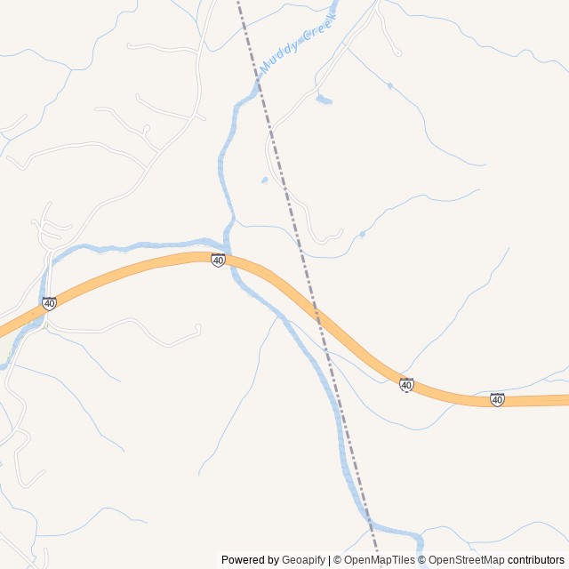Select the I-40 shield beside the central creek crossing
coord(218,260)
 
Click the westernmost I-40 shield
coord(49,303)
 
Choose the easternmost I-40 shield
coord(497,400)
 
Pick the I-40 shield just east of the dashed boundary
coord(406,384)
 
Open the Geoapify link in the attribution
coord(303,560)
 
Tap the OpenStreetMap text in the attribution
coord(467,560)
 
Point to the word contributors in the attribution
coord(536,560)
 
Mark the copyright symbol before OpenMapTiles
coord(339,560)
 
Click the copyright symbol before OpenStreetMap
coord(423,560)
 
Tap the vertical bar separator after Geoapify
coord(329,560)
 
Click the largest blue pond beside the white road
coord(324,100)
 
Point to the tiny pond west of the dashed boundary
coord(264,180)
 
